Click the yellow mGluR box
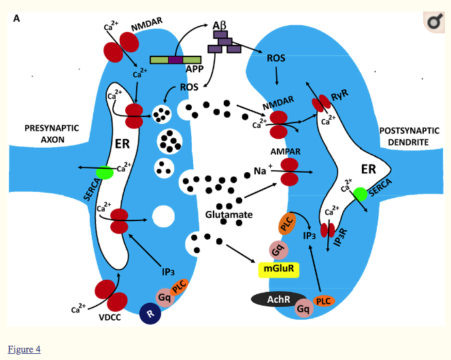(x=278, y=269)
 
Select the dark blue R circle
(x=150, y=313)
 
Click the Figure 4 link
(x=24, y=349)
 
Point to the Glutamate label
(x=229, y=215)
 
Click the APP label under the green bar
(x=195, y=69)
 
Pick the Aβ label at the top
(x=220, y=25)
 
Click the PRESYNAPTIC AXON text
(x=52, y=133)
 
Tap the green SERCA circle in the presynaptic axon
(x=104, y=173)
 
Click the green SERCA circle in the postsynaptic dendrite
(x=360, y=193)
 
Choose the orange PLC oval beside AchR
(x=324, y=301)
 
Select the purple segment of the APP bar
(x=176, y=60)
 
